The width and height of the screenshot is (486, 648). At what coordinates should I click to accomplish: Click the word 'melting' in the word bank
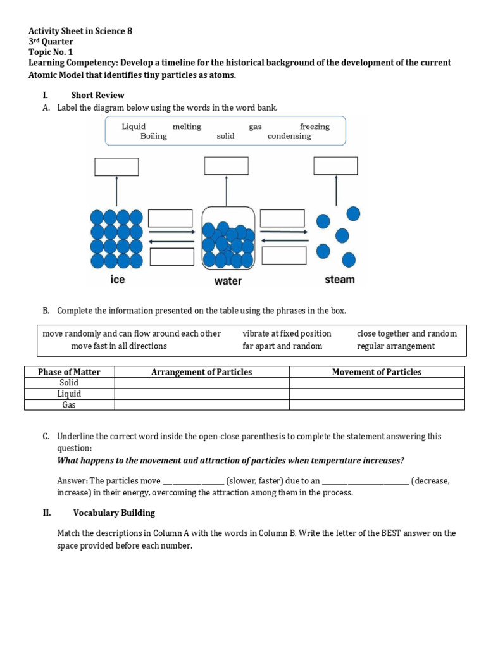point(187,127)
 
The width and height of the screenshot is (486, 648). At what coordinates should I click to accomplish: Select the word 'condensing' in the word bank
point(289,136)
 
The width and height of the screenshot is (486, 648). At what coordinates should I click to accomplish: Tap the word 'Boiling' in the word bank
point(154,136)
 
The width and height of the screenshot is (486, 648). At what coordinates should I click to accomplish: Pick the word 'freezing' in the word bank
point(315,127)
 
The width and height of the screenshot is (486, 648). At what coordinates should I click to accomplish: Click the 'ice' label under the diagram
point(118,279)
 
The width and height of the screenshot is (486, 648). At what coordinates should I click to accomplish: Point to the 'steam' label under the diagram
point(340,279)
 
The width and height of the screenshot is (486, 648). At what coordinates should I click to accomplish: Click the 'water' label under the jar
point(228,281)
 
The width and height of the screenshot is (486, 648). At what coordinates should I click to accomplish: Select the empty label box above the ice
point(116,166)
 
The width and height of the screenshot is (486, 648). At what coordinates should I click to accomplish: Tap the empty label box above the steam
point(335,166)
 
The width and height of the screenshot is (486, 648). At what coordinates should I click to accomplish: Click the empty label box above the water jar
point(227,166)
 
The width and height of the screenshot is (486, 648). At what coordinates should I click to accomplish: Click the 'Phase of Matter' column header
point(69,372)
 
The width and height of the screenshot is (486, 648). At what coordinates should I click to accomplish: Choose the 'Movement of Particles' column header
point(377,372)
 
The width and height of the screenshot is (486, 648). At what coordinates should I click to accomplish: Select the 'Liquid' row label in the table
point(69,394)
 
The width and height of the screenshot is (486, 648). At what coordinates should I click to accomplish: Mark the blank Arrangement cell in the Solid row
point(201,383)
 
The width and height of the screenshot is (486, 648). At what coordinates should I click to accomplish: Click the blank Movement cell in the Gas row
point(377,405)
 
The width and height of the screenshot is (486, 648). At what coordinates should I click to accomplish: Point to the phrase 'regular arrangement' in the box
point(396,346)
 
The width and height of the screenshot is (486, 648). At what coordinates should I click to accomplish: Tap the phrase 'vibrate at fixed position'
point(287,333)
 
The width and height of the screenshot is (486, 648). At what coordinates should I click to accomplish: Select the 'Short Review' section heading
point(97,95)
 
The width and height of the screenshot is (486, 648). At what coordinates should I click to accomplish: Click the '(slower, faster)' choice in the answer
point(254,481)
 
